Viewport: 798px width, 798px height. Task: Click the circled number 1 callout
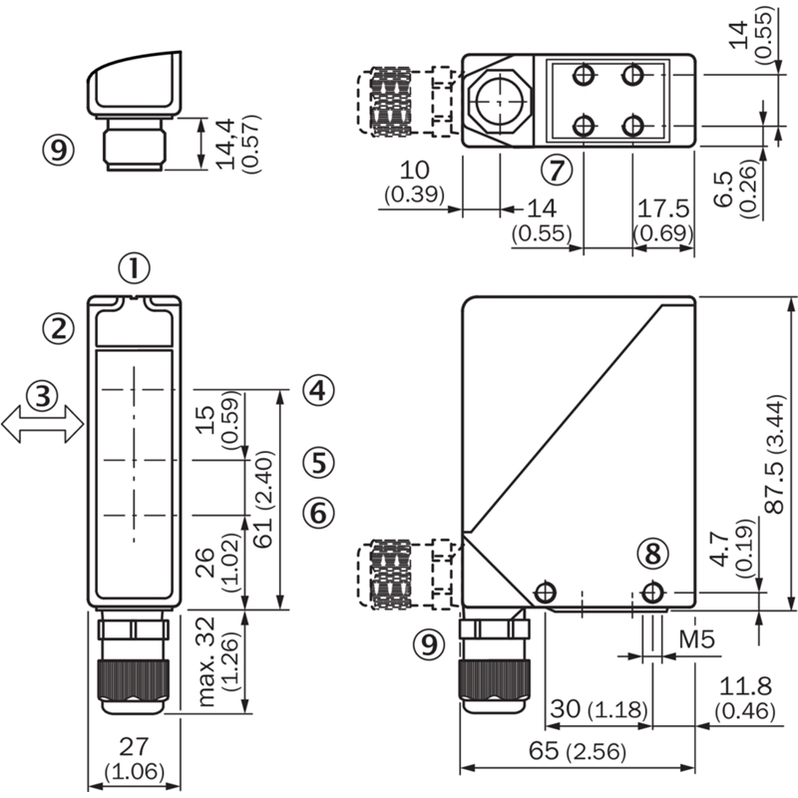(x=135, y=268)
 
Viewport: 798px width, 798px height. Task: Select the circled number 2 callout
(x=58, y=328)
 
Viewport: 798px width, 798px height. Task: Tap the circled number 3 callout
(x=43, y=395)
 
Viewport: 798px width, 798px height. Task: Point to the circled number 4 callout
(x=318, y=390)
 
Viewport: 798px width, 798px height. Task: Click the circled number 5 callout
(x=318, y=463)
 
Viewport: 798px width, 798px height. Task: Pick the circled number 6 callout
(x=318, y=512)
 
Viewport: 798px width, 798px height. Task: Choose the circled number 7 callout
(x=557, y=170)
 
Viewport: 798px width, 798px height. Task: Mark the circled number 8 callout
(x=653, y=554)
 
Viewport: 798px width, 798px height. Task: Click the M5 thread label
(x=696, y=639)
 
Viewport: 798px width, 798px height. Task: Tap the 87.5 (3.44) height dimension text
(x=777, y=453)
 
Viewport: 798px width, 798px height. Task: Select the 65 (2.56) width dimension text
(x=578, y=751)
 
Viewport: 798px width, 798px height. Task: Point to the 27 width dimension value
(x=134, y=746)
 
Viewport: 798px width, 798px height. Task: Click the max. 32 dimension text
(x=206, y=661)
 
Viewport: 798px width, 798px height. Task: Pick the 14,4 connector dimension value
(x=226, y=144)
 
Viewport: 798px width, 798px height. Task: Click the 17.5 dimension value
(x=663, y=208)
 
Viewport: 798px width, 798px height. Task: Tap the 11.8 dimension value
(x=745, y=686)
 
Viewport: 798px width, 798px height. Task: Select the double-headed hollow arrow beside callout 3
(x=43, y=424)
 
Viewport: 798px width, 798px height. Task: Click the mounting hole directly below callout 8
(x=652, y=593)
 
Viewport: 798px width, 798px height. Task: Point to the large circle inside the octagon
(x=500, y=102)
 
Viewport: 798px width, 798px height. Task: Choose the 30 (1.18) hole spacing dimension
(x=599, y=709)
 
